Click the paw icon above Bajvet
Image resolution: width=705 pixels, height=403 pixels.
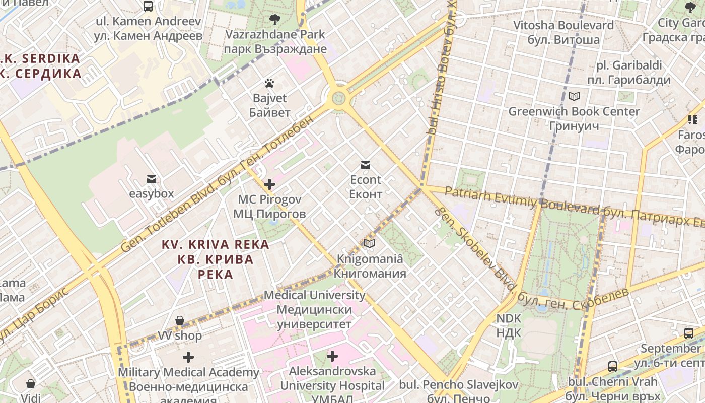pos(269,83)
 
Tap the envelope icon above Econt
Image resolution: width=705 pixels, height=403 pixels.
pos(366,165)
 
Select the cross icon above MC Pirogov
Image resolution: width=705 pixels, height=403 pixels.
pos(269,184)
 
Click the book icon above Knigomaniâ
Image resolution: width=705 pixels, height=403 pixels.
pos(370,244)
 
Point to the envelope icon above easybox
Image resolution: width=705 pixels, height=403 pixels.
pos(151,179)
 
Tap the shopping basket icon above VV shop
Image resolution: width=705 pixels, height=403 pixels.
pos(180,321)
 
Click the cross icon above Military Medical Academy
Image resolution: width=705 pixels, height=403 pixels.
pos(188,358)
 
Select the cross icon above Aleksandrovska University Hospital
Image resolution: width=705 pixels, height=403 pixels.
pos(332,357)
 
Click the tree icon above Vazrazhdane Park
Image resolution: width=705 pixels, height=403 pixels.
pos(275,20)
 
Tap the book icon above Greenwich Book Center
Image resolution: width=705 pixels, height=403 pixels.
pos(574,96)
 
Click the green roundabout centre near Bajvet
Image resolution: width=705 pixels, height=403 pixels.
pos(339,98)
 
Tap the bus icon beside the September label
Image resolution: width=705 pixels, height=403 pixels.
pos(688,333)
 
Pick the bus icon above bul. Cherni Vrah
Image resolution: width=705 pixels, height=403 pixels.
pos(612,367)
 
